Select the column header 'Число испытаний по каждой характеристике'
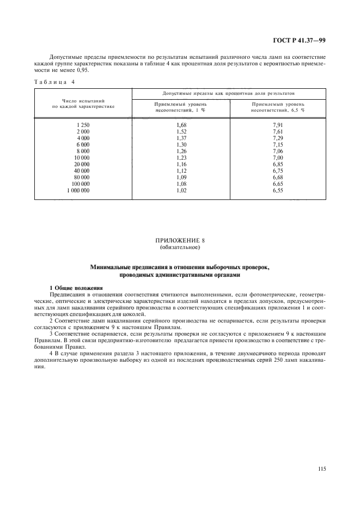[83, 104]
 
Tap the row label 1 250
[83, 125]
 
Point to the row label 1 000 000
[78, 190]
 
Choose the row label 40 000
[80, 171]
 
